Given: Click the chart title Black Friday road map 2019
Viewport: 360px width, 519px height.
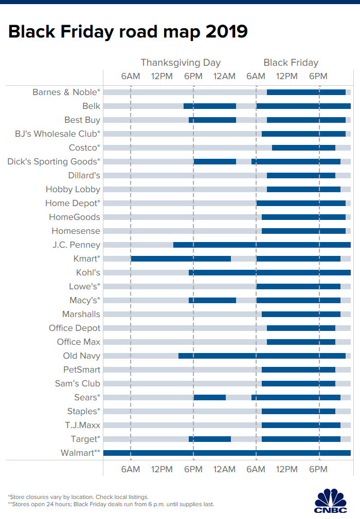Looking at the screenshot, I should click(x=128, y=32).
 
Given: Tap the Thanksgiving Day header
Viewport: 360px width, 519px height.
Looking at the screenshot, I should click(x=181, y=63).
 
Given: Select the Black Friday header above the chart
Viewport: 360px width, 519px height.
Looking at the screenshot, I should click(x=291, y=63).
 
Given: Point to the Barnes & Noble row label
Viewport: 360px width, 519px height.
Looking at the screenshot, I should click(x=66, y=92).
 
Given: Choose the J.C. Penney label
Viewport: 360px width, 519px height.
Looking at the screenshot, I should click(x=76, y=245).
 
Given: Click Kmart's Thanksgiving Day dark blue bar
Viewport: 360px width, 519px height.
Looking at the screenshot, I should click(x=181, y=258).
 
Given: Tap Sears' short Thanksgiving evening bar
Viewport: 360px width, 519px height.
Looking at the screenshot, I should click(x=209, y=397).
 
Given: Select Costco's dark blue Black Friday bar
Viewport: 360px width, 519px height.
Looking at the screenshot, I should click(x=303, y=147).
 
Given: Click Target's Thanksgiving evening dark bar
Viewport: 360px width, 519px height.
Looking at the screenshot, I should click(x=209, y=439).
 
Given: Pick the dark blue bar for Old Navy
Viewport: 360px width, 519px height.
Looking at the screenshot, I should click(x=262, y=356).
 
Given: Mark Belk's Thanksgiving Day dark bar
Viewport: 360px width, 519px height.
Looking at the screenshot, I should click(x=209, y=106).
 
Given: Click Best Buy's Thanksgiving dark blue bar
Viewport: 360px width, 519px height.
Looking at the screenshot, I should click(x=212, y=120).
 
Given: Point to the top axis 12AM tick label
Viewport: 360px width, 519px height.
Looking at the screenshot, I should click(x=224, y=77).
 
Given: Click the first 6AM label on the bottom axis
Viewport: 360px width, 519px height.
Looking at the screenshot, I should click(x=131, y=469).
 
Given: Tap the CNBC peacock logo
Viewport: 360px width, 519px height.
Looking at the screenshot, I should click(x=330, y=500).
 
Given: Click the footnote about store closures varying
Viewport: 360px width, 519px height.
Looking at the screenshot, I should click(x=78, y=497).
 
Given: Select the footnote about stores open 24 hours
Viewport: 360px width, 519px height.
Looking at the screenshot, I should click(x=111, y=504).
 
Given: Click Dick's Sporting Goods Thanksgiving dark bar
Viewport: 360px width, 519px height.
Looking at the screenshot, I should click(x=214, y=161).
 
